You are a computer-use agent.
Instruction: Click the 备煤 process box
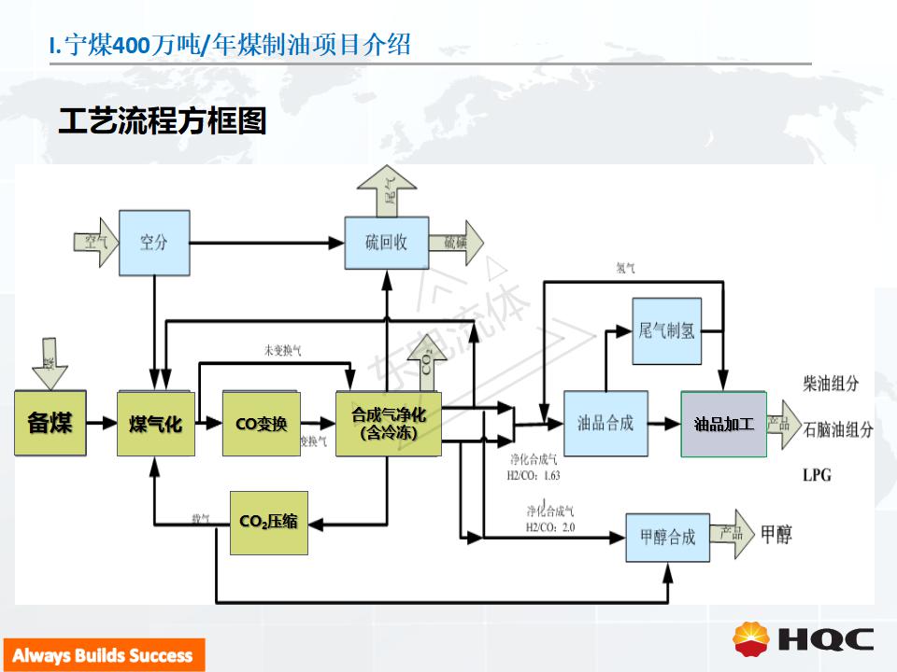point(50,423)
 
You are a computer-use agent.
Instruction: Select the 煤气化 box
point(155,424)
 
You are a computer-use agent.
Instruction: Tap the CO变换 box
point(261,424)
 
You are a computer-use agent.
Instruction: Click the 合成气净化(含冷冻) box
point(388,424)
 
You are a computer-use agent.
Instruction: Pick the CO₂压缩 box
point(268,522)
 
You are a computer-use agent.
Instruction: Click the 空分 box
point(154,243)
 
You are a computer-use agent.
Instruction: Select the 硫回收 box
point(386,244)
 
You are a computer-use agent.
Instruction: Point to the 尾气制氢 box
point(667,331)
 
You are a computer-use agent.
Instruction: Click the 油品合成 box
point(605,423)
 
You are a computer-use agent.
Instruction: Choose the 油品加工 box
point(723,424)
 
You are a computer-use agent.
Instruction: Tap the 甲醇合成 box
point(667,537)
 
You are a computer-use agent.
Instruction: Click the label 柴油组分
point(831,384)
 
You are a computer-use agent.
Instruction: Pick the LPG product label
point(816,475)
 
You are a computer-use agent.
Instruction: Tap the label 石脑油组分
point(837,430)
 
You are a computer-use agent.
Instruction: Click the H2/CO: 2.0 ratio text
point(550,528)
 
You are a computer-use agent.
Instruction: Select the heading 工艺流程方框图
point(163,121)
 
